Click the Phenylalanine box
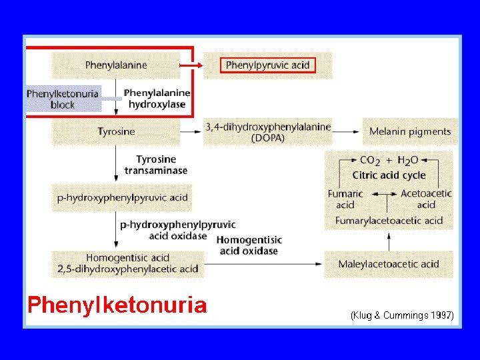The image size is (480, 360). tap(116, 65)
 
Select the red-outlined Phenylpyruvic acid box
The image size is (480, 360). tap(267, 65)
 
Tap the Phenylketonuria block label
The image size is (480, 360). tap(63, 99)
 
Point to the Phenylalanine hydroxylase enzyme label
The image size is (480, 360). tap(157, 99)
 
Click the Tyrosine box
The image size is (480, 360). tap(116, 131)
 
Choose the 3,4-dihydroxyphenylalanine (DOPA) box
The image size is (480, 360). tap(268, 131)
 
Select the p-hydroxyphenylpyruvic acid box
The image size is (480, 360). tap(122, 198)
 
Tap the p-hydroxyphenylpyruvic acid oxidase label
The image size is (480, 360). tap(177, 230)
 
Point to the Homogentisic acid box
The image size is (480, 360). tap(128, 263)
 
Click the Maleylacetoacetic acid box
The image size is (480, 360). tap(389, 264)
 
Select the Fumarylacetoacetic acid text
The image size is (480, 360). tap(389, 221)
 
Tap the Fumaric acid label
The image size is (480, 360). tap(345, 199)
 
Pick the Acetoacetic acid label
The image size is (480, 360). tap(426, 199)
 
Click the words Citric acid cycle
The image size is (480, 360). tap(389, 175)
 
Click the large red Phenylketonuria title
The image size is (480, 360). tap(117, 305)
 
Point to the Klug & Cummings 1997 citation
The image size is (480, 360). tap(402, 315)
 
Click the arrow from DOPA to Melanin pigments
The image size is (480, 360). tap(347, 131)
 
